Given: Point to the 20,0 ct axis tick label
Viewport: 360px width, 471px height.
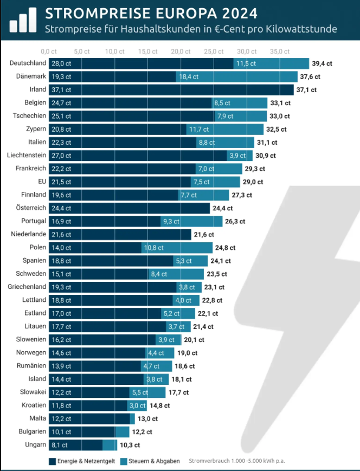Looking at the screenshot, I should coord(181,51).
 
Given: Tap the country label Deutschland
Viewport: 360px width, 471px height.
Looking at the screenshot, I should coord(28,63).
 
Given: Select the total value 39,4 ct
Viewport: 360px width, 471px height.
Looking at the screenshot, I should coord(322,63).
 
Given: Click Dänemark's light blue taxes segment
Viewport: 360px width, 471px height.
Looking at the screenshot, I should coord(236,76).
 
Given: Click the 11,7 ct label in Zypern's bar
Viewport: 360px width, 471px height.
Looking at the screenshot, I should coord(199,129).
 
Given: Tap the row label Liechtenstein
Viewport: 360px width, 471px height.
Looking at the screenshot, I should coord(27,155).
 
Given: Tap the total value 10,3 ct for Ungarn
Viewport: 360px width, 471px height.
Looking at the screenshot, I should coord(130,445).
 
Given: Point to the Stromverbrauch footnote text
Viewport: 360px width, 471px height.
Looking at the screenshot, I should coord(237,461).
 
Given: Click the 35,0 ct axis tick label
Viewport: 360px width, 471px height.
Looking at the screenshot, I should coord(281,51).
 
